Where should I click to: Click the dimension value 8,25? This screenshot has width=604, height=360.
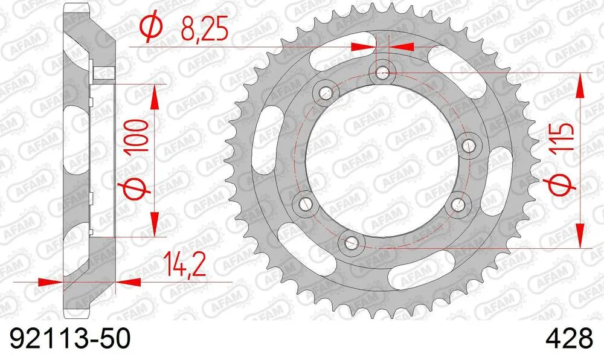coord(202,28)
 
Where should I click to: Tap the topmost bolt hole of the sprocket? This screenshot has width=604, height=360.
coord(382,73)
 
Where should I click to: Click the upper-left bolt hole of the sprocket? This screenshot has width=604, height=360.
coord(327,92)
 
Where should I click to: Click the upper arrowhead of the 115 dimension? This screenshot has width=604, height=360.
coord(581,84)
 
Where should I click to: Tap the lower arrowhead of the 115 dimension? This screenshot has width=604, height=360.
coord(581,236)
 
